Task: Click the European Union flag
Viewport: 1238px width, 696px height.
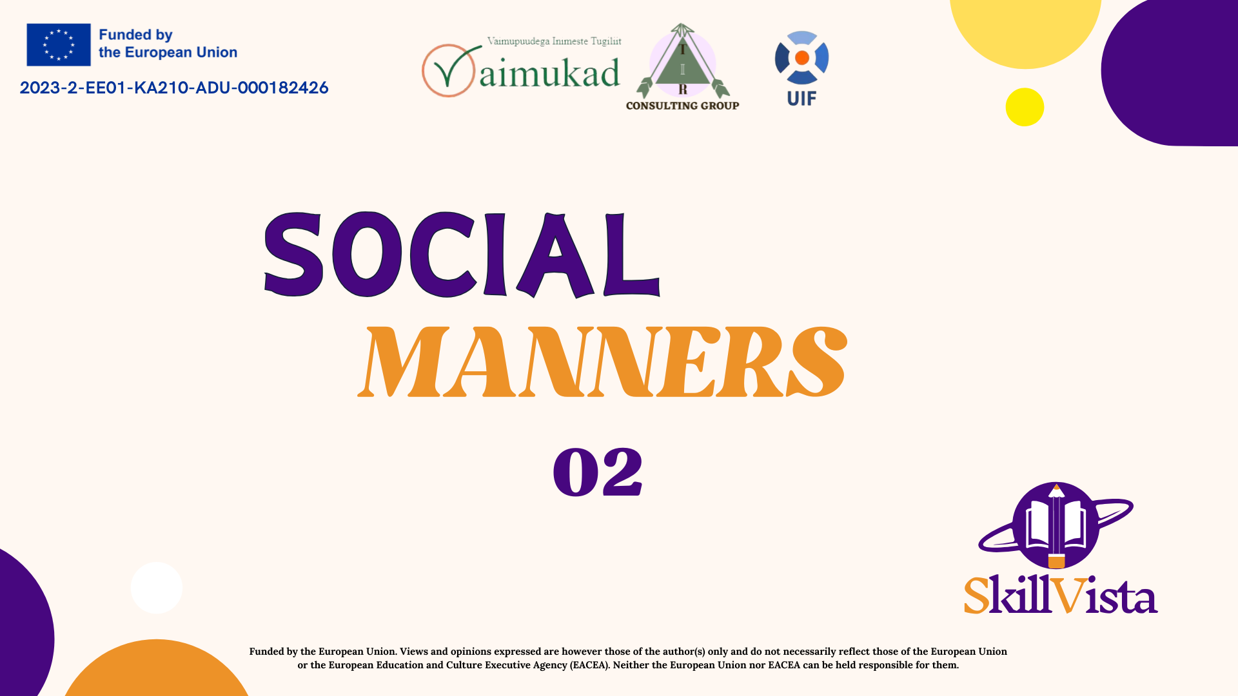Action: click(x=59, y=44)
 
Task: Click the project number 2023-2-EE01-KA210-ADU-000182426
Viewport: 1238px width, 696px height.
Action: click(x=174, y=88)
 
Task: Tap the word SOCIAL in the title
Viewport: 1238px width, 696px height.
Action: click(x=462, y=255)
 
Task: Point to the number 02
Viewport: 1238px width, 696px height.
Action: click(x=598, y=472)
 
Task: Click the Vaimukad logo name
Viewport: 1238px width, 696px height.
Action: click(x=549, y=73)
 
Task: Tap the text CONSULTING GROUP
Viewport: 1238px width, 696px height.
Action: click(x=682, y=106)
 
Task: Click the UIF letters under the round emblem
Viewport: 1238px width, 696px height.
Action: click(x=801, y=99)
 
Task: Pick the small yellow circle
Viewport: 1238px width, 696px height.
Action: click(x=1025, y=107)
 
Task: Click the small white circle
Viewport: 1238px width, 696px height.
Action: click(x=156, y=588)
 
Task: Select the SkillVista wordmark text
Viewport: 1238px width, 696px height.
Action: click(x=1061, y=595)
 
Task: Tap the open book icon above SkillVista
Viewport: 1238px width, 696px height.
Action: click(x=1055, y=525)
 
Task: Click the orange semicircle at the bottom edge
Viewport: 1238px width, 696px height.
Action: click(x=157, y=670)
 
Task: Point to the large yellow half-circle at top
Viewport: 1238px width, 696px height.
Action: click(x=1025, y=32)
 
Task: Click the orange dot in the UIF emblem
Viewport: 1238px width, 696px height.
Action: click(x=802, y=58)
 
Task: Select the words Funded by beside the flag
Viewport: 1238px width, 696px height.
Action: click(x=135, y=35)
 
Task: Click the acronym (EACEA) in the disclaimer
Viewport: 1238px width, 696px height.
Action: click(x=589, y=665)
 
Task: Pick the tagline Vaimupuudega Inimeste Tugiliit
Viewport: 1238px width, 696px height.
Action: click(x=554, y=41)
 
